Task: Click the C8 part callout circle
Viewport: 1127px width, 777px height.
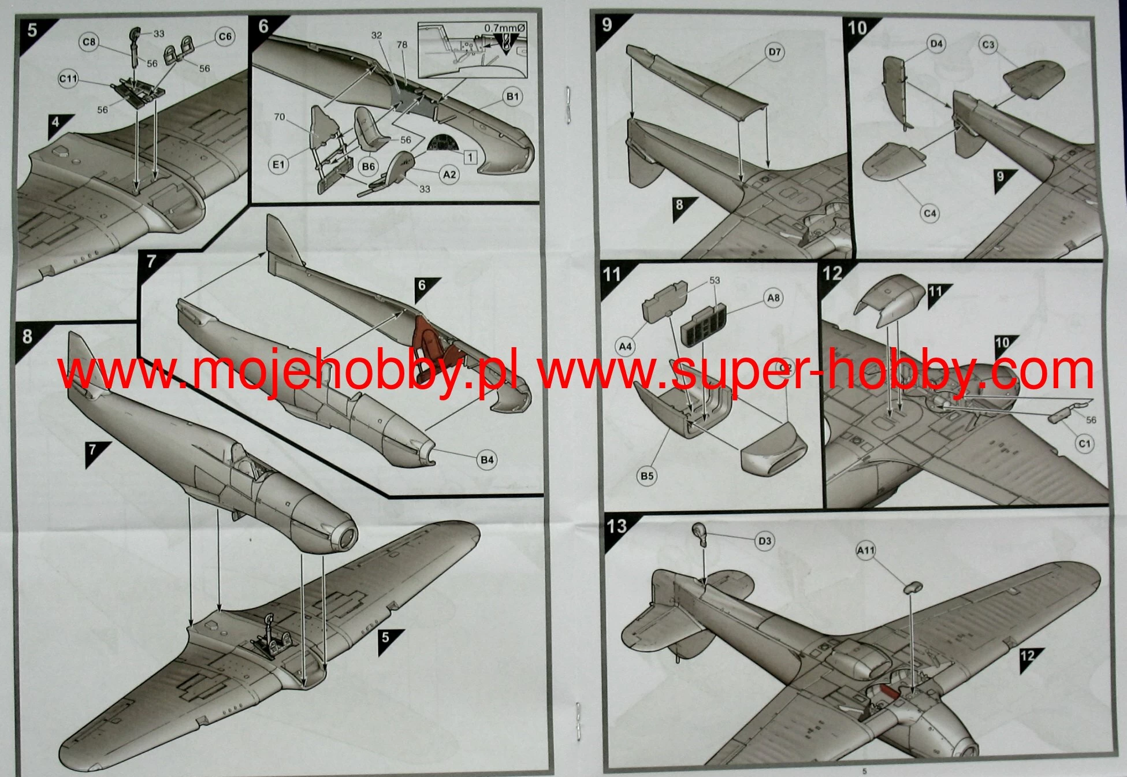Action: tap(90, 42)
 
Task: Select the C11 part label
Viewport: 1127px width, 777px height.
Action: tap(69, 79)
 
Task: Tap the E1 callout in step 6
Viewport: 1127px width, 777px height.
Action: tap(279, 165)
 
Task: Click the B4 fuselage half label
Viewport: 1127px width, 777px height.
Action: tap(487, 460)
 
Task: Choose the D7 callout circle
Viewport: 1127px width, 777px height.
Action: tap(775, 53)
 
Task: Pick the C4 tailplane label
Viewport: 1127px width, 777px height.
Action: tap(929, 213)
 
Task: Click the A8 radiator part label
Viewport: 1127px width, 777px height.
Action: tap(773, 298)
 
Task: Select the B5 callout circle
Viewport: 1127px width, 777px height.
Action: tap(646, 476)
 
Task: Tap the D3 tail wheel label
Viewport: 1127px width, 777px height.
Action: tap(764, 541)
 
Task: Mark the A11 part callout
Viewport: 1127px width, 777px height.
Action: tap(865, 551)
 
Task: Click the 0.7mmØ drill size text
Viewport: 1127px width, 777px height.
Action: tap(505, 27)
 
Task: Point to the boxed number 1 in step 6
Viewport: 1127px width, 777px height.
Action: tap(470, 157)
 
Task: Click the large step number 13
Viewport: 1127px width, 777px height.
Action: tap(617, 526)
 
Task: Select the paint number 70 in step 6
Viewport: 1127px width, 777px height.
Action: tap(280, 117)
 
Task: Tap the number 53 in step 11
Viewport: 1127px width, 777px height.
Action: tap(715, 280)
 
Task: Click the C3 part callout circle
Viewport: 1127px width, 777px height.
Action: tap(988, 44)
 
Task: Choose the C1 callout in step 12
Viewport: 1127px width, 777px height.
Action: tap(1084, 444)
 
